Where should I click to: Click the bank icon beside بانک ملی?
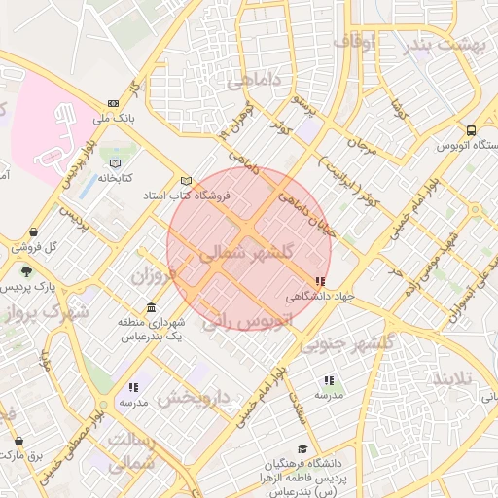(x=114, y=103)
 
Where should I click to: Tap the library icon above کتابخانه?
(x=116, y=162)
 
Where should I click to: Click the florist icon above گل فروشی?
(x=35, y=231)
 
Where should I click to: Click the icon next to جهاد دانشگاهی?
(x=322, y=282)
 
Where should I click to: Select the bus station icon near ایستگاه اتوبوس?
(x=472, y=130)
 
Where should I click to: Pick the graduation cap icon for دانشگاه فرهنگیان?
(x=302, y=448)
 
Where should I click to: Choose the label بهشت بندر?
(x=446, y=44)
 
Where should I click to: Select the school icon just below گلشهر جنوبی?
(x=329, y=380)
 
